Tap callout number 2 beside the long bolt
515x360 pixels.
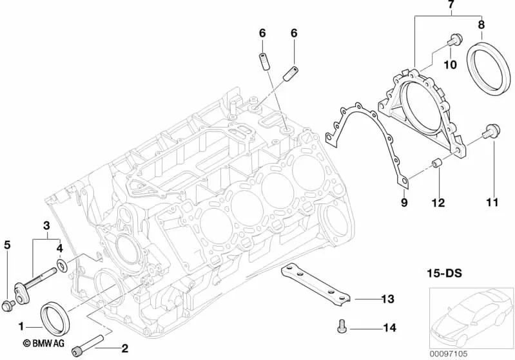[x=124, y=348]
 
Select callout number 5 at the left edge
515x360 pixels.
[x=8, y=244]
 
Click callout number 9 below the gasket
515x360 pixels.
[x=405, y=203]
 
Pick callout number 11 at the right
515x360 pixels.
[x=492, y=203]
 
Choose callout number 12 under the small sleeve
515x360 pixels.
[x=439, y=203]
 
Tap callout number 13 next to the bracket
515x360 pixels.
[x=387, y=299]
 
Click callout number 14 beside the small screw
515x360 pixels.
[x=388, y=328]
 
